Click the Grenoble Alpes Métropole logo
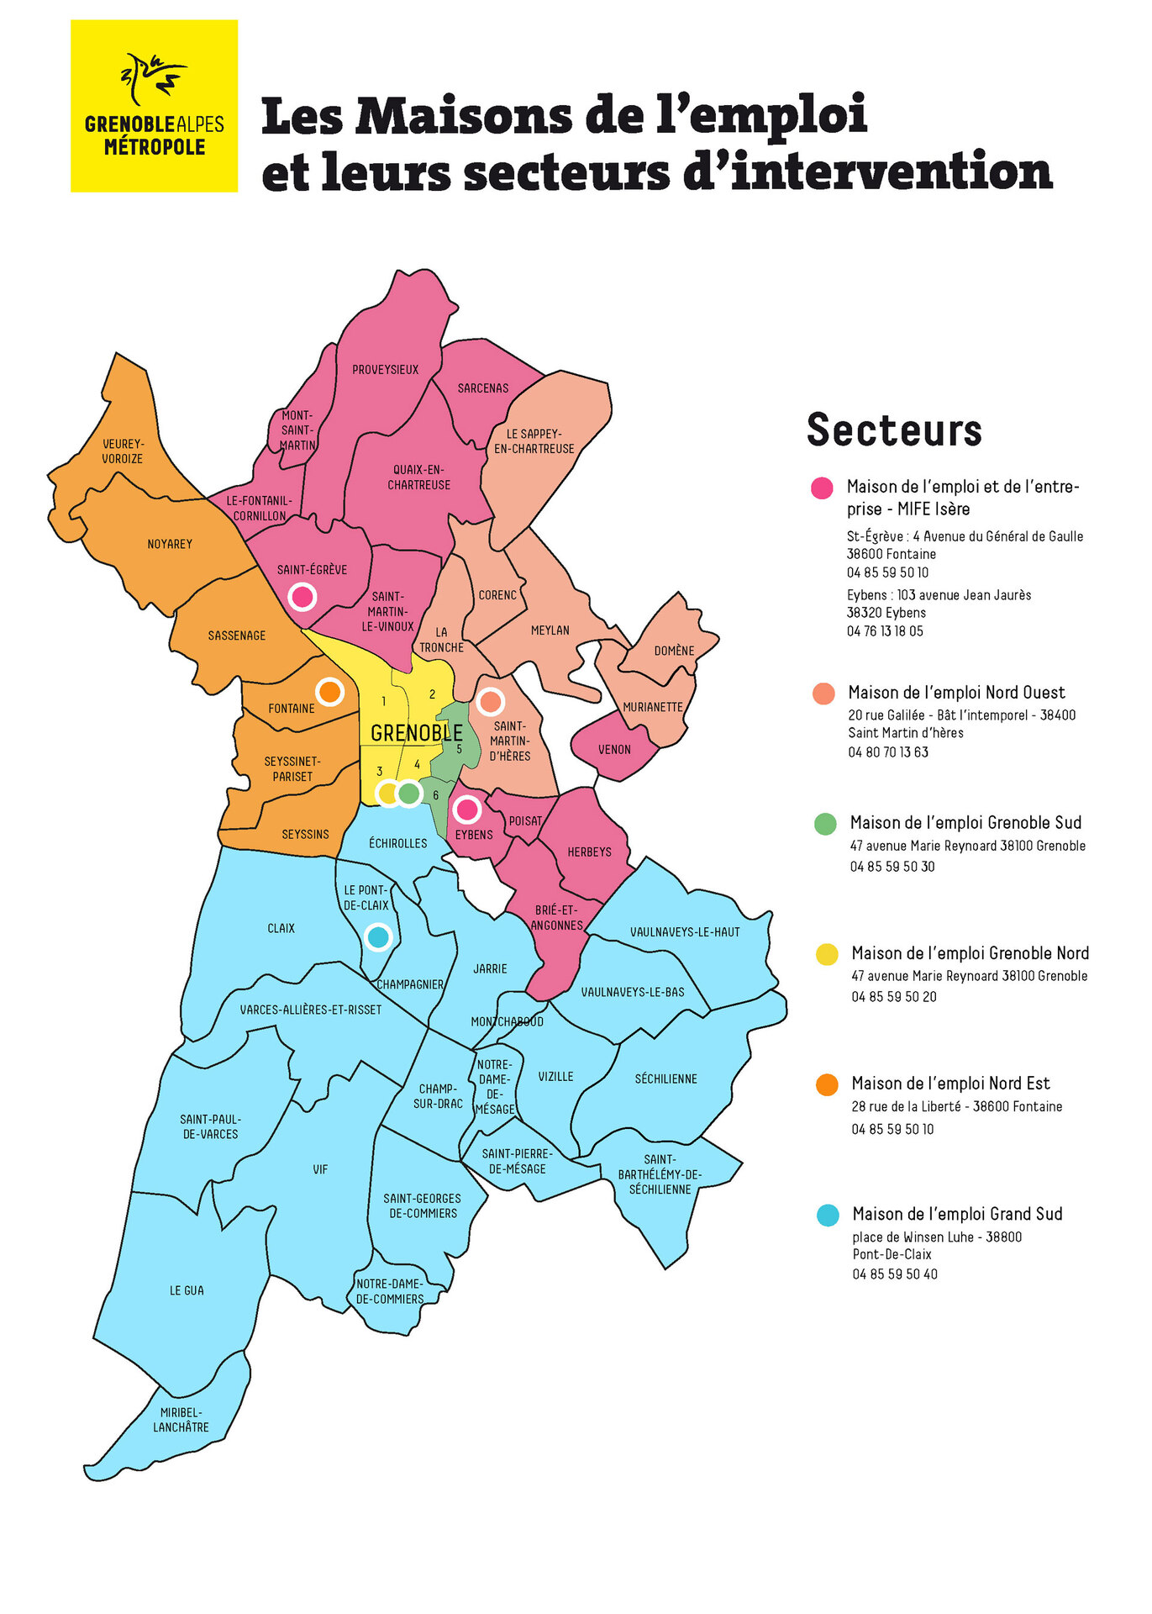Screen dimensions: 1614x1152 154,106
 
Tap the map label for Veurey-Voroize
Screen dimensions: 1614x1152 123,451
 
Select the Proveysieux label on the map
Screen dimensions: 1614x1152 385,370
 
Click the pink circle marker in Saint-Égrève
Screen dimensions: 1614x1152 302,597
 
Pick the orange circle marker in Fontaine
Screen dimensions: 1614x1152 329,692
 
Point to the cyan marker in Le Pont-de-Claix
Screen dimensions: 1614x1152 378,936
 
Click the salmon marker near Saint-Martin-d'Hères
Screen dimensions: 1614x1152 490,701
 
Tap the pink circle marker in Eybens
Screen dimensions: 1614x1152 466,810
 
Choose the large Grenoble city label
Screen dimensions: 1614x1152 416,733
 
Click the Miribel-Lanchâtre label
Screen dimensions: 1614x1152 181,1420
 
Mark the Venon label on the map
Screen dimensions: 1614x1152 614,750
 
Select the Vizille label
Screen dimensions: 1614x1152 555,1077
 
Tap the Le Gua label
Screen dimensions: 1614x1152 187,1290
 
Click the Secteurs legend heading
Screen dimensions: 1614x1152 894,430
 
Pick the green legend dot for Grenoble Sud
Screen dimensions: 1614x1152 825,824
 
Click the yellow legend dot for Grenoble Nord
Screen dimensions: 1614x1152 827,954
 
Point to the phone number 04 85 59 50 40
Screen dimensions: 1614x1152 894,1274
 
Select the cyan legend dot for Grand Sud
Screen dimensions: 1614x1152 828,1215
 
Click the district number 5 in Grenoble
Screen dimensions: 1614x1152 459,749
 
